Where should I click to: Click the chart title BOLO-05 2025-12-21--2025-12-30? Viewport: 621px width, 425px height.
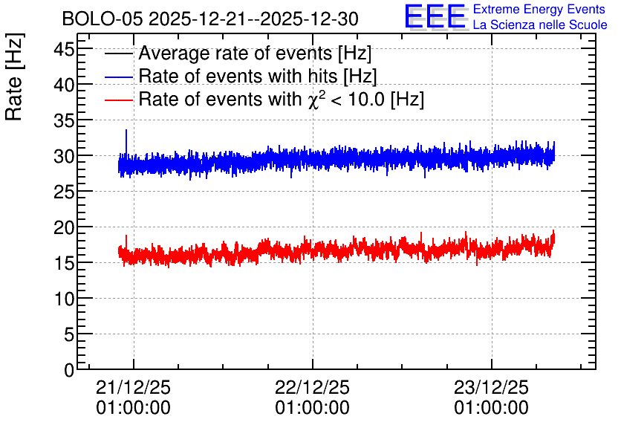(210, 19)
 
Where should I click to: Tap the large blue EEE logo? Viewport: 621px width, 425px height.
(435, 16)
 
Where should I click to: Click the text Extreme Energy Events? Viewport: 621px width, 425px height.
(539, 9)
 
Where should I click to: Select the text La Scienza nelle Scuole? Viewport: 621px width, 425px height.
(540, 25)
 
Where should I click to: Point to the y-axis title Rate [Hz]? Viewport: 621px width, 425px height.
(15, 77)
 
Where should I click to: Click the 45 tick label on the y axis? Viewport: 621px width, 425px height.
(64, 51)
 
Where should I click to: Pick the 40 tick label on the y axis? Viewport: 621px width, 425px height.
(64, 85)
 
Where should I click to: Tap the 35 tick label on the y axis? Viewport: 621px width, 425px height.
(64, 121)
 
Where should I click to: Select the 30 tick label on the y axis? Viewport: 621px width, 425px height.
(64, 157)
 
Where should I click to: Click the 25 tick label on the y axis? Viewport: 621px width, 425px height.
(64, 192)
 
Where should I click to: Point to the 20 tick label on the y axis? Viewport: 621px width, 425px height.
(64, 228)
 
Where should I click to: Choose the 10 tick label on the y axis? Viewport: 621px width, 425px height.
(64, 299)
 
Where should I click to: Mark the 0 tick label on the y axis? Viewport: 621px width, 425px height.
(69, 370)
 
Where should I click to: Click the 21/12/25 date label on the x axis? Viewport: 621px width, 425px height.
(134, 387)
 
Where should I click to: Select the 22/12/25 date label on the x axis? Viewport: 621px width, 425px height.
(313, 387)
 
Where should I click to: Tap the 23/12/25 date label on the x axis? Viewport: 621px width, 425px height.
(491, 387)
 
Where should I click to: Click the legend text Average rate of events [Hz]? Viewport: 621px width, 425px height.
(255, 53)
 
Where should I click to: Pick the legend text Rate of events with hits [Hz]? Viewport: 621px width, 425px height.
(258, 76)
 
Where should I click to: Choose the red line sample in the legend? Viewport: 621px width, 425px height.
(119, 100)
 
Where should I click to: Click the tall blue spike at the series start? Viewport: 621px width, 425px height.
(126, 143)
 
